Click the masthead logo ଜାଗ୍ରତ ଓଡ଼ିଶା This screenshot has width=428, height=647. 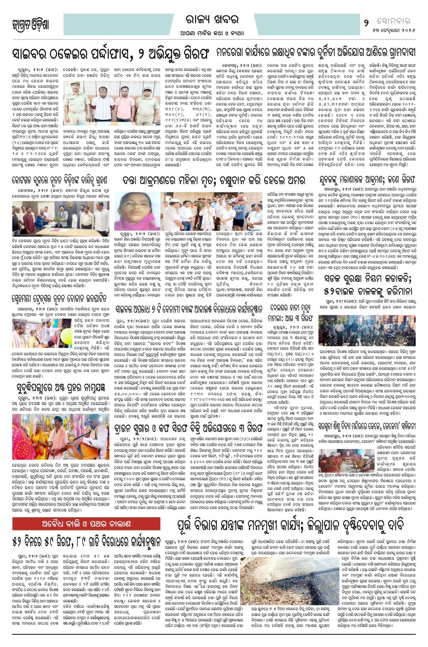31,25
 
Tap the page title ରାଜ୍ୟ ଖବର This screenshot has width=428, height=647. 212,20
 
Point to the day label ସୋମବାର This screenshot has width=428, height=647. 393,21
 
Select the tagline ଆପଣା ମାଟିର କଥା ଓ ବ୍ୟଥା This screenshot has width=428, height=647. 212,33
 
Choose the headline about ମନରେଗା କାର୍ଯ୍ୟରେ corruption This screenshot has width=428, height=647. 315,53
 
